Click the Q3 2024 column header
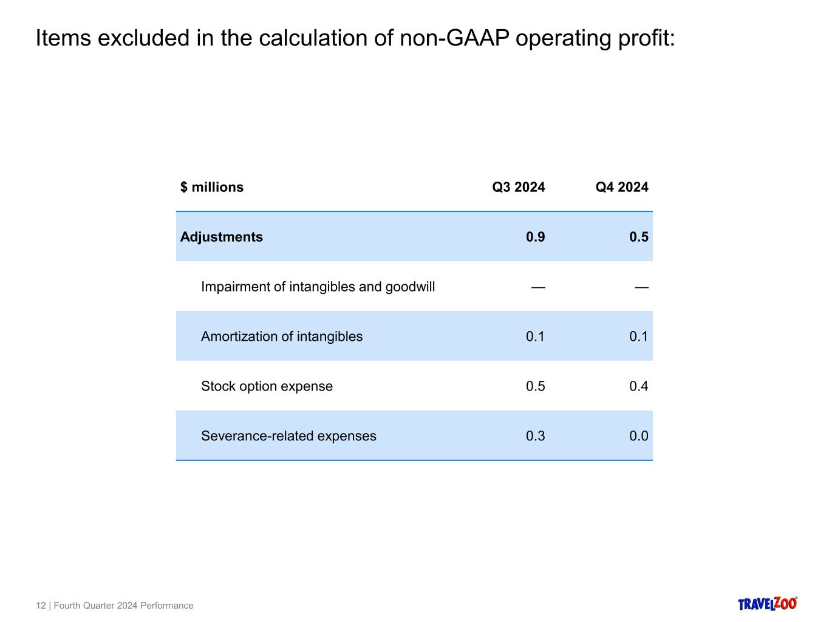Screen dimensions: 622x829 click(518, 187)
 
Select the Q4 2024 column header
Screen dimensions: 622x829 click(621, 187)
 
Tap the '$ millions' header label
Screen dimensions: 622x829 click(212, 187)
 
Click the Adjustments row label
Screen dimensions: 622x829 click(222, 237)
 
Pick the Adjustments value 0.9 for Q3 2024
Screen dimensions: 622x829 click(535, 237)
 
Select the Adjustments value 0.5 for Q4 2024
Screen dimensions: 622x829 click(638, 237)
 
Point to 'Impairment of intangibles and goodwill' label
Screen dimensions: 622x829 click(318, 287)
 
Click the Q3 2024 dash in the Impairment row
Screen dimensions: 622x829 click(538, 287)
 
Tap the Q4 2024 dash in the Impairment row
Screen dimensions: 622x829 click(641, 287)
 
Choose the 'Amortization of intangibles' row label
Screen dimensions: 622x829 click(282, 337)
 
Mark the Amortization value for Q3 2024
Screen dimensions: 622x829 click(535, 337)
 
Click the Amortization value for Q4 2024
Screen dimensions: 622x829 click(638, 337)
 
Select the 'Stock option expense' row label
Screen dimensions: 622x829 click(267, 386)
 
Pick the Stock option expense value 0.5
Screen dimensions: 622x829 click(535, 386)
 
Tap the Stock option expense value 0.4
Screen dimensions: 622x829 click(638, 386)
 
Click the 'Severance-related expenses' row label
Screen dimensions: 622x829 click(288, 436)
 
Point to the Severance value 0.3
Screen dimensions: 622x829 click(535, 436)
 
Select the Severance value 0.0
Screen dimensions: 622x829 click(638, 436)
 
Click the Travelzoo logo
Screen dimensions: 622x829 click(767, 603)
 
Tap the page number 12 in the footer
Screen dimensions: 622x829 click(41, 606)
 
